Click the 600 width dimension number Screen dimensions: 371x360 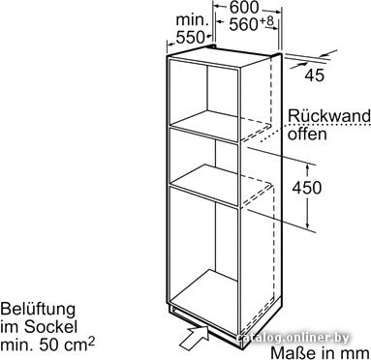[x=244, y=7]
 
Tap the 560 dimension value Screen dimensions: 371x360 [x=244, y=25]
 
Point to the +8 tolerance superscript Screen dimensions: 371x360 [x=266, y=21]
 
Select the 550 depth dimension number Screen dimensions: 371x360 [x=191, y=38]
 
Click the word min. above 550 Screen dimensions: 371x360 [x=191, y=20]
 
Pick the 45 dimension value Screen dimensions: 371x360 [x=315, y=75]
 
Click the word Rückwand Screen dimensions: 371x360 [x=329, y=115]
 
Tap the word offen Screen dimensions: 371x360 [x=307, y=134]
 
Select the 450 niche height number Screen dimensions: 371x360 [x=307, y=188]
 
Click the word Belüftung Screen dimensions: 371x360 [x=38, y=310]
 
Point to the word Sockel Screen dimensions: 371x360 [x=50, y=327]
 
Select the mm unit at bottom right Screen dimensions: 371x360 [x=357, y=353]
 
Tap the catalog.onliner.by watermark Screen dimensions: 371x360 [x=293, y=338]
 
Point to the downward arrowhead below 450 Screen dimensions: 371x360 [x=308, y=223]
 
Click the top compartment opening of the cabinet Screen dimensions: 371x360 [x=203, y=95]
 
